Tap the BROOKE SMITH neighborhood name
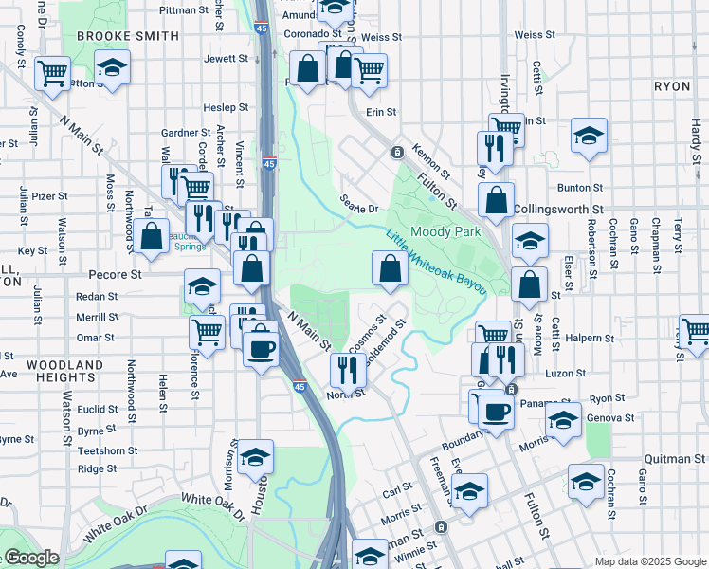[x=127, y=36]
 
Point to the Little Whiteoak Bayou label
[x=436, y=261]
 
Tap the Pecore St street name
[x=114, y=274]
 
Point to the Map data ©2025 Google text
[x=649, y=561]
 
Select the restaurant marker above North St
[x=348, y=370]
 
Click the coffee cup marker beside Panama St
[x=495, y=410]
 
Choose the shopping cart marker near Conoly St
[x=53, y=72]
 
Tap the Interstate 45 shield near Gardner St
[x=269, y=163]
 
